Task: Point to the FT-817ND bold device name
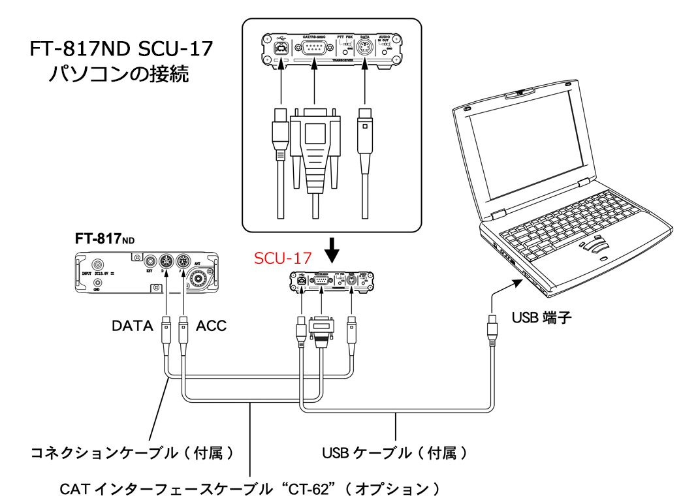coord(104,239)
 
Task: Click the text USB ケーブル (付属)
coord(394,452)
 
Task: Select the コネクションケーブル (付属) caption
coord(133,452)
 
